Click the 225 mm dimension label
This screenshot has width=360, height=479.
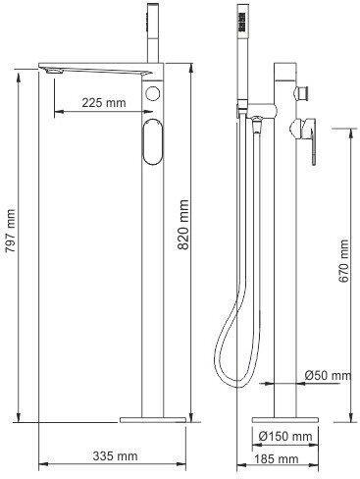coord(104,103)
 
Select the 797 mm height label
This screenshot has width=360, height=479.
coord(11,231)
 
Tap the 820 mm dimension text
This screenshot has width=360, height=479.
coord(183,225)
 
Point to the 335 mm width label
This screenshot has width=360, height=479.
coord(115,455)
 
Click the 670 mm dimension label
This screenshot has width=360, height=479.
coord(343,261)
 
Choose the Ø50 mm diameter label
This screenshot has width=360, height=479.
coord(328,375)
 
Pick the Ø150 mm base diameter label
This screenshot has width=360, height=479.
coord(285,436)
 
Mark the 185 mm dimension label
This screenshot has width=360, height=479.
coord(277,459)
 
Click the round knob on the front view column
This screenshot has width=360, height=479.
coord(152,93)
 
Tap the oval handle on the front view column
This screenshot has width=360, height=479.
coord(152,141)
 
